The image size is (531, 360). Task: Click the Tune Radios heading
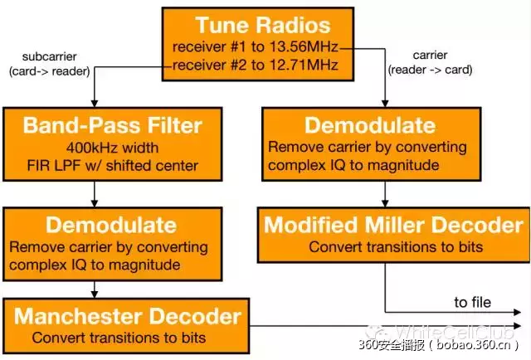(x=264, y=25)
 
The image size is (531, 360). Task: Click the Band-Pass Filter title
(x=112, y=126)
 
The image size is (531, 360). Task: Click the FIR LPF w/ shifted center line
(x=112, y=165)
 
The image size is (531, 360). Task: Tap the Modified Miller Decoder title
(x=394, y=225)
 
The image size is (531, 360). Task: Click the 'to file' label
(x=472, y=302)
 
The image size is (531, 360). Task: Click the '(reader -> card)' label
(x=430, y=70)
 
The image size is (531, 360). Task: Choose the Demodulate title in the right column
(x=370, y=126)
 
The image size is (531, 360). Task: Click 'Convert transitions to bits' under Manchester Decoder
(x=119, y=338)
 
